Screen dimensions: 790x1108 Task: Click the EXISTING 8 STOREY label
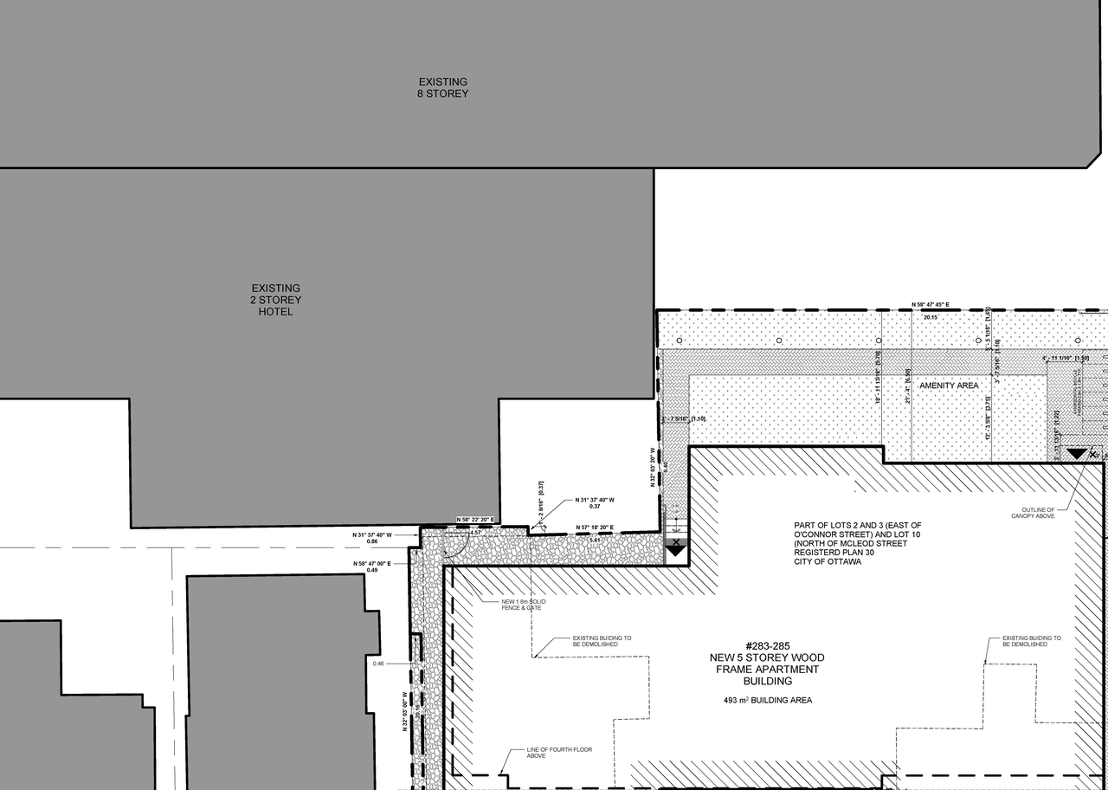click(x=442, y=87)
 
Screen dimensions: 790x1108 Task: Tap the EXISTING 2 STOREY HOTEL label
click(x=276, y=300)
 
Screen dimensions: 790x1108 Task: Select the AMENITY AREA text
click(x=949, y=385)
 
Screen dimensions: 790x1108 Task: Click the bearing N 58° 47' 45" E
click(x=931, y=305)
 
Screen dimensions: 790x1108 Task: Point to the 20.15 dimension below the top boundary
click(x=931, y=318)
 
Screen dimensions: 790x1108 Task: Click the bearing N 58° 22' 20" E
click(x=474, y=520)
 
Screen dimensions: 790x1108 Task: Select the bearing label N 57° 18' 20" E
click(x=595, y=528)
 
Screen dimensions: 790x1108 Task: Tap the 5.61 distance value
click(x=594, y=540)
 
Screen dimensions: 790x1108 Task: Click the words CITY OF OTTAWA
click(x=828, y=561)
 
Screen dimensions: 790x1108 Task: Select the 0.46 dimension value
click(x=377, y=664)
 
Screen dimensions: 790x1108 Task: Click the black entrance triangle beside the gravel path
click(x=675, y=547)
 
